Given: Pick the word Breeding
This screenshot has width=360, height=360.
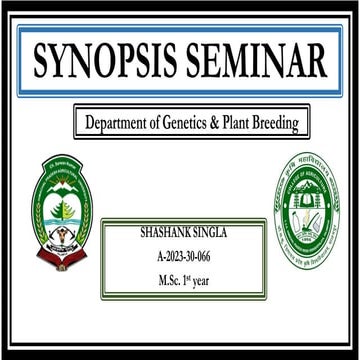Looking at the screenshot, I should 288,124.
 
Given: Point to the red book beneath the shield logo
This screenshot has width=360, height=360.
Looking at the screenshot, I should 62,259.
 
